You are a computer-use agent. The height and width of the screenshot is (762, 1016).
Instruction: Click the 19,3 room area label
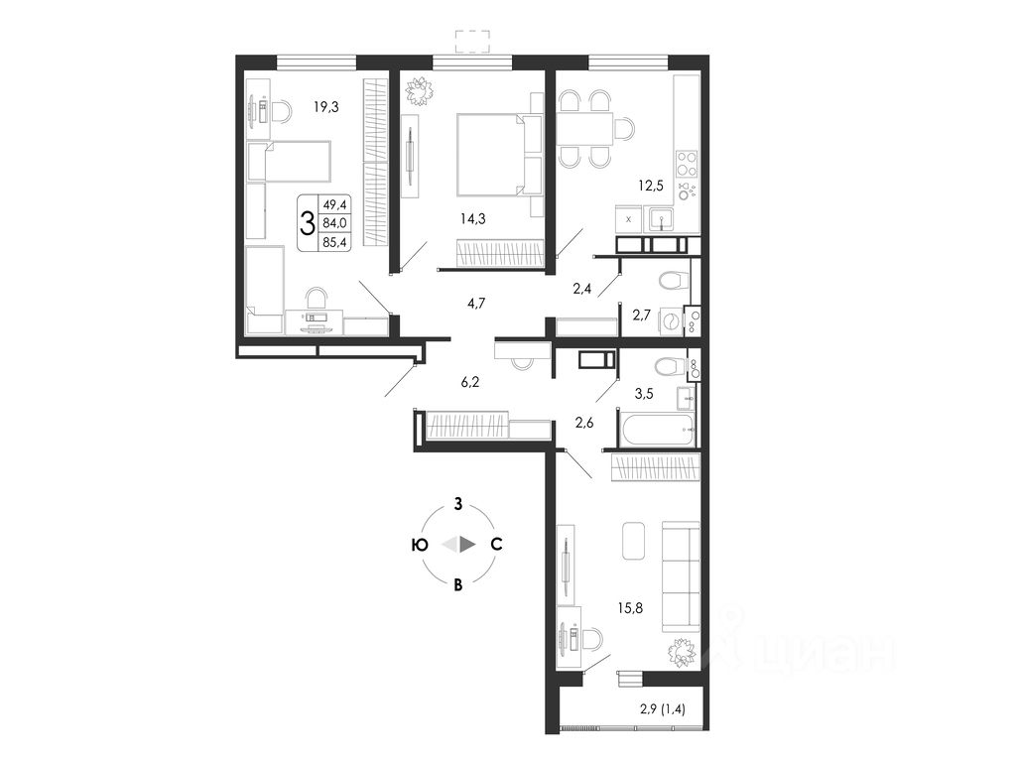pos(325,106)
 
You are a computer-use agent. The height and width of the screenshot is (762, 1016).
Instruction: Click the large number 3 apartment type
pos(308,221)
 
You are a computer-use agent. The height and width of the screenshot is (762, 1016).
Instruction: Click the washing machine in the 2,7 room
pos(672,321)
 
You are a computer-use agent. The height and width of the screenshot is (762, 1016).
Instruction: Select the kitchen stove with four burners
pos(686,163)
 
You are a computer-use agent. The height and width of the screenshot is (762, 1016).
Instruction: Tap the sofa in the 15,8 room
pos(681,575)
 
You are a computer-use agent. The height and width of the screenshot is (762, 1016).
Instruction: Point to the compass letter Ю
pos(420,544)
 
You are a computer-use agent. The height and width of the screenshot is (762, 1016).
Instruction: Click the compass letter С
pos(496,544)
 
